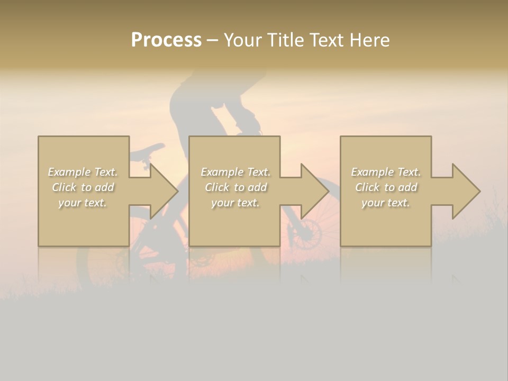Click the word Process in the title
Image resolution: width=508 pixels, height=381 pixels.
[166, 40]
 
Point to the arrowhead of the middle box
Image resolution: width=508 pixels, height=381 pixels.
[314, 191]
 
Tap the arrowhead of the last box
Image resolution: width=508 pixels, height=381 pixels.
[465, 191]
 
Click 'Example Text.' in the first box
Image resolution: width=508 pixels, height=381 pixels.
[83, 172]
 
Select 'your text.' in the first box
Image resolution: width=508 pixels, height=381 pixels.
[83, 203]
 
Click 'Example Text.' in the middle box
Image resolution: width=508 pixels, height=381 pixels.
[235, 172]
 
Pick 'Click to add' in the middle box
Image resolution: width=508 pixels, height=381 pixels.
[235, 187]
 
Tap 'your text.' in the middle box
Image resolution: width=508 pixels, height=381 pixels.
[235, 203]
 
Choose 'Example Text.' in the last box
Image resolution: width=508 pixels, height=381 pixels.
[386, 172]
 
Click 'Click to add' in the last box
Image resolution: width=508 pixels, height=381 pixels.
[386, 187]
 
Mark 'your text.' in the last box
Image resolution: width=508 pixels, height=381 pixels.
[386, 203]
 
